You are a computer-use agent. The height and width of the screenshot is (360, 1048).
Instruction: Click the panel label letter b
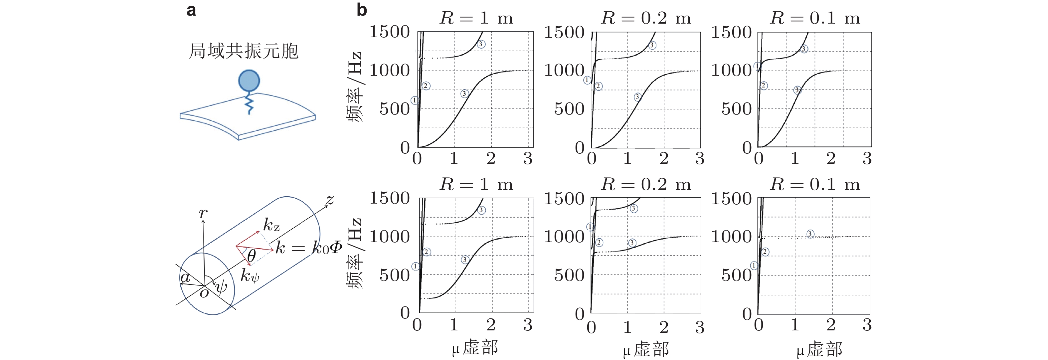click(362, 9)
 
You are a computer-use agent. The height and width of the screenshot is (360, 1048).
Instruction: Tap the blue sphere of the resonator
click(249, 80)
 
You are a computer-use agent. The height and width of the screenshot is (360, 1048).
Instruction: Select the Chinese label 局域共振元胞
click(244, 51)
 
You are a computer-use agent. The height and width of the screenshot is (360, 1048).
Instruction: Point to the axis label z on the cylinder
click(329, 200)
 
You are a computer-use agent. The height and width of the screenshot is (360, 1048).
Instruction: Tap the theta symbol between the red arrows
click(252, 256)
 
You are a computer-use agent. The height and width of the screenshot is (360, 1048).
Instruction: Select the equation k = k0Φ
click(308, 247)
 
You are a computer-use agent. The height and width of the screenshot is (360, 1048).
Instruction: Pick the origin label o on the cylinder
click(204, 293)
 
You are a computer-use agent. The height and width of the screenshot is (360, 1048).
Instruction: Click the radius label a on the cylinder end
click(185, 278)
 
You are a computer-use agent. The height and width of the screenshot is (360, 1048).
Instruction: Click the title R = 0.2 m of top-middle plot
click(646, 18)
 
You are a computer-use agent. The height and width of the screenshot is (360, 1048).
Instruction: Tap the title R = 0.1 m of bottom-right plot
click(815, 185)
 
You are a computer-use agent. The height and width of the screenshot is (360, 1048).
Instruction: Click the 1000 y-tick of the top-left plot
click(389, 71)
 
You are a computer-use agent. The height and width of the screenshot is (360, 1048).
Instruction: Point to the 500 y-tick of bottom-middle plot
click(569, 275)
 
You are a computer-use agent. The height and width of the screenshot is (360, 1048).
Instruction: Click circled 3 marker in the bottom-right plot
click(810, 234)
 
